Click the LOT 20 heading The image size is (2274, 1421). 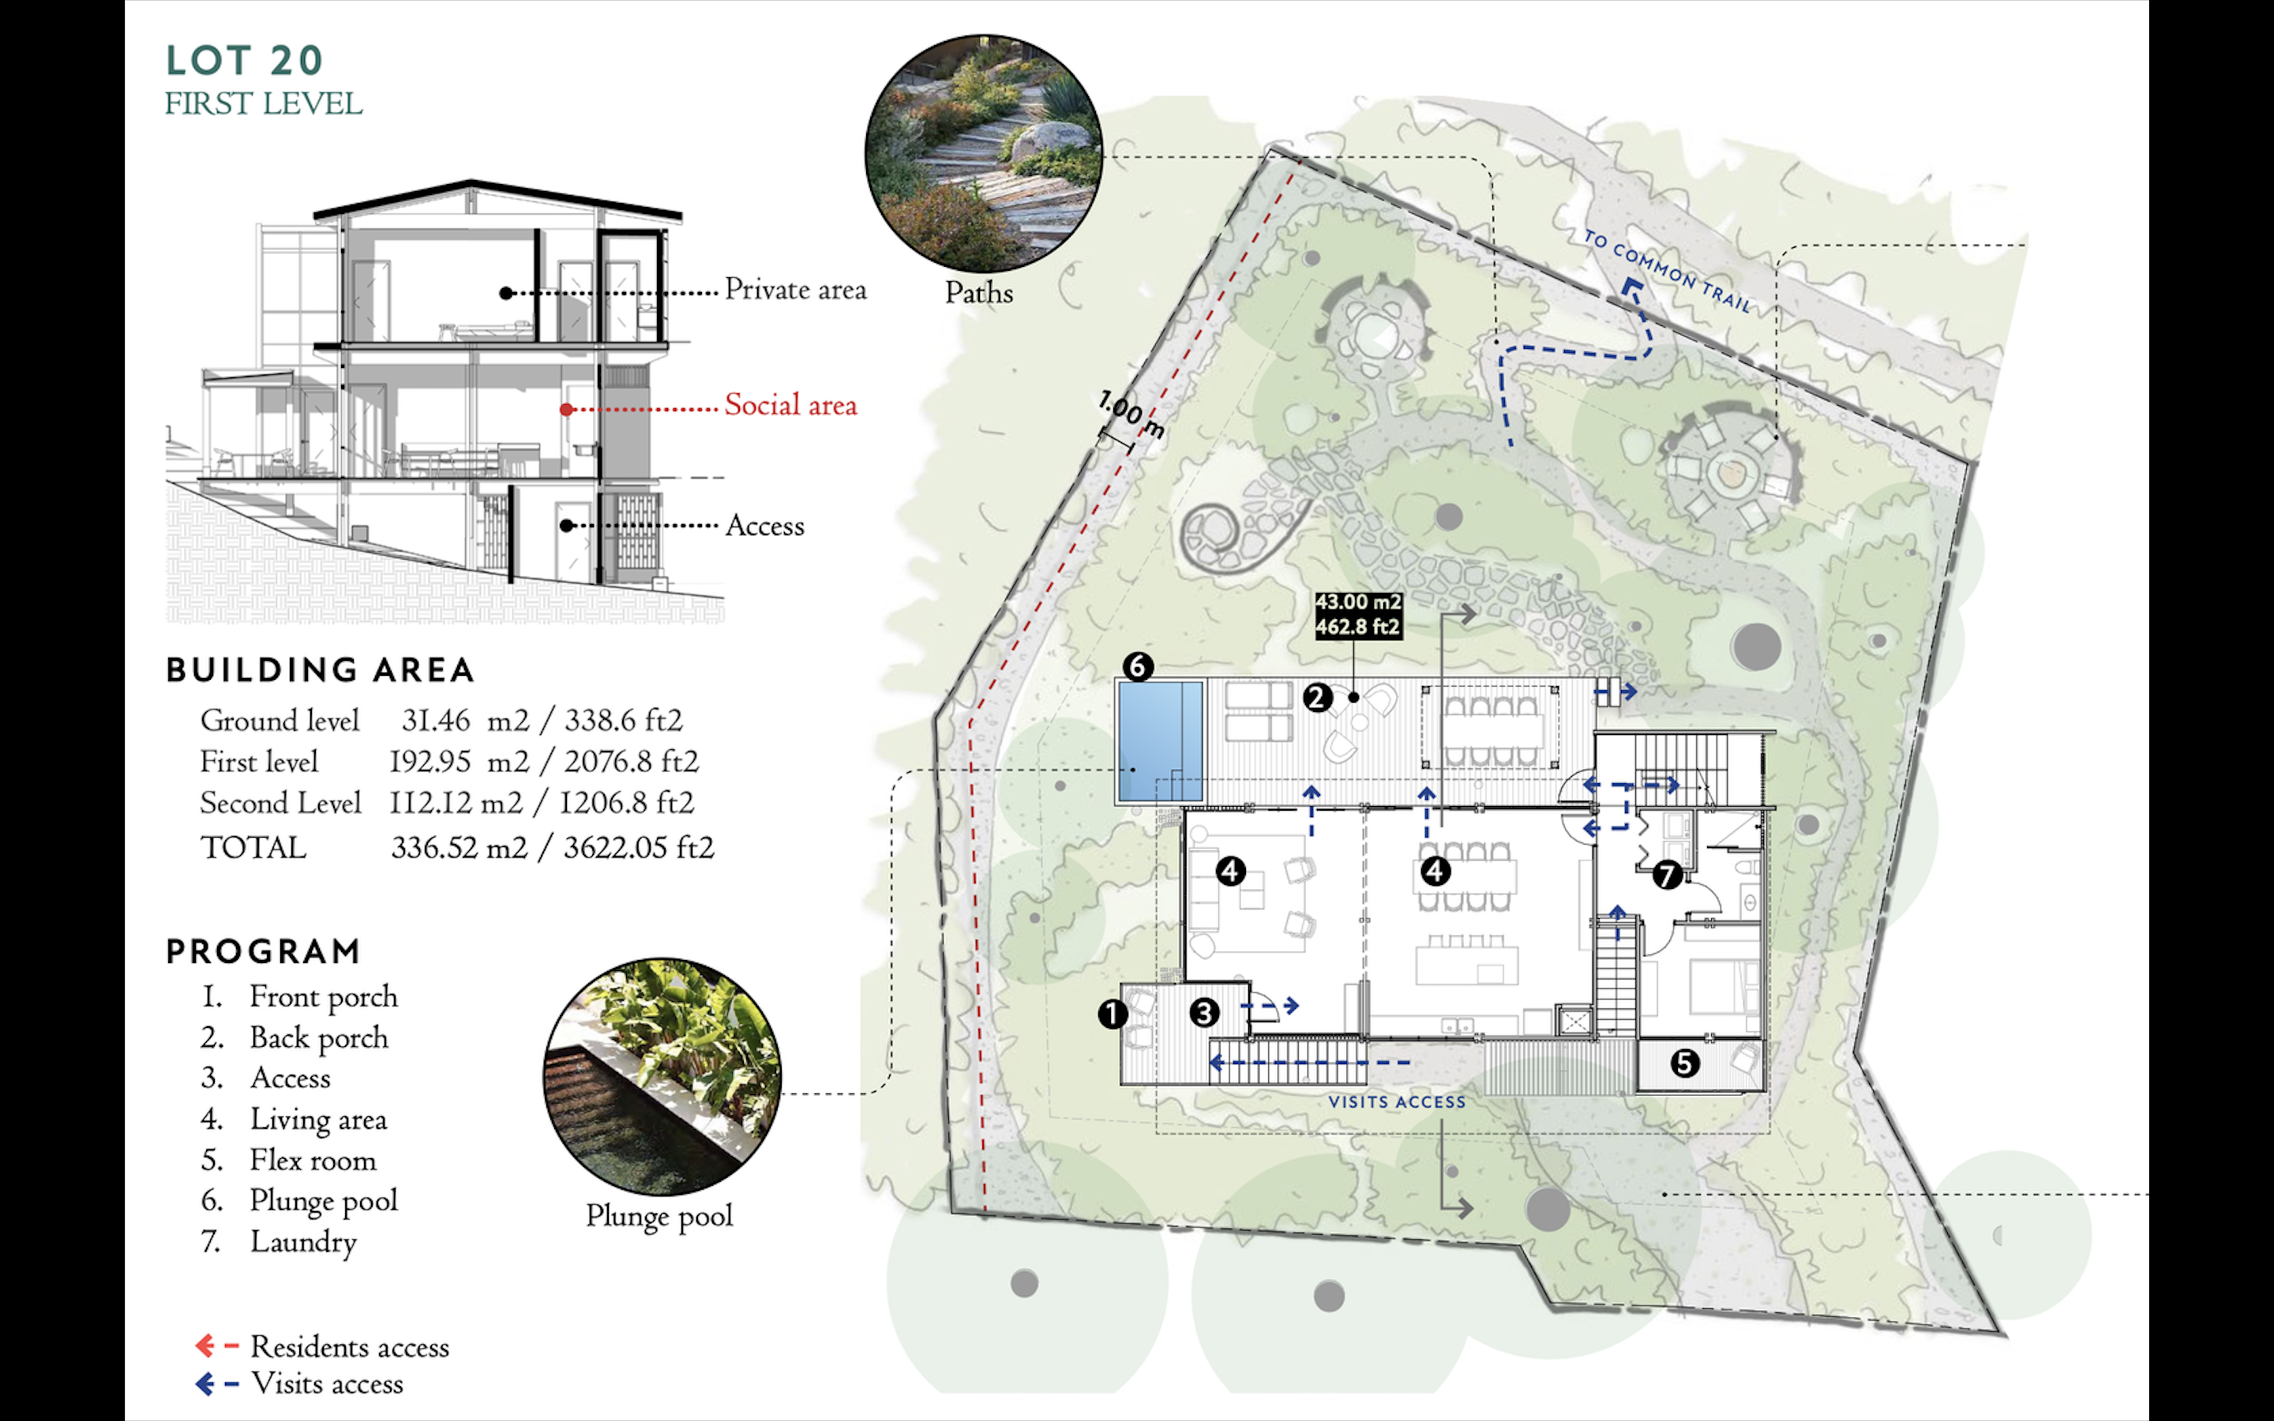pos(244,61)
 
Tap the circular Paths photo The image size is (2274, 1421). pos(983,154)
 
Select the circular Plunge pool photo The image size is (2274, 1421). pos(662,1077)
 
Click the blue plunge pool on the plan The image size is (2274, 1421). pos(1161,741)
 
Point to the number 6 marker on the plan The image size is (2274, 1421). pos(1138,667)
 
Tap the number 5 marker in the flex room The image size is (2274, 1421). pos(1684,1063)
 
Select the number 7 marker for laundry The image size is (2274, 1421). pos(1667,875)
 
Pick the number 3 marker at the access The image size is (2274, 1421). pos(1203,1012)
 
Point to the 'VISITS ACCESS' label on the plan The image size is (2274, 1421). pos(1396,1101)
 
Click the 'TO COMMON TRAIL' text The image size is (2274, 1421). pos(1667,271)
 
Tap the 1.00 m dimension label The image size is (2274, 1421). pos(1131,414)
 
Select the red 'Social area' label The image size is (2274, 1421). pos(790,406)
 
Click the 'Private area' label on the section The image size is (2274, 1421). pos(795,291)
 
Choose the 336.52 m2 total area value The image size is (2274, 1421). pos(459,848)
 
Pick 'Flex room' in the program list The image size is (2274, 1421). pos(312,1160)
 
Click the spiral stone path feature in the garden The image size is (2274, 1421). pos(1212,534)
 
